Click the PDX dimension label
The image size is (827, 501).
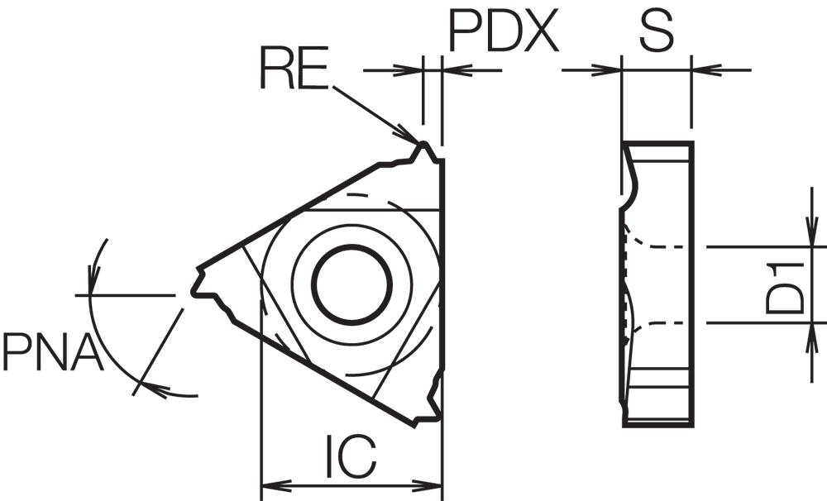click(x=503, y=31)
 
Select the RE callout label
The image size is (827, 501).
click(x=294, y=68)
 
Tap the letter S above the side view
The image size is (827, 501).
click(x=657, y=31)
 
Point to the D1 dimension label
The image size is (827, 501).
click(x=786, y=289)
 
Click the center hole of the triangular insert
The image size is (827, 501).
click(x=351, y=284)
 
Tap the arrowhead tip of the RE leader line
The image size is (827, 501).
click(x=418, y=142)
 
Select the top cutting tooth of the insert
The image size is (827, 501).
click(x=424, y=153)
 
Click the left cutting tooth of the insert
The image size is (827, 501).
click(x=204, y=284)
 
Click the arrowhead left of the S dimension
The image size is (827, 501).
click(x=606, y=69)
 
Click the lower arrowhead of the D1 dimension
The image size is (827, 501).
click(x=812, y=337)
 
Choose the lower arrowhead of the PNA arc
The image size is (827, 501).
click(x=156, y=389)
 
